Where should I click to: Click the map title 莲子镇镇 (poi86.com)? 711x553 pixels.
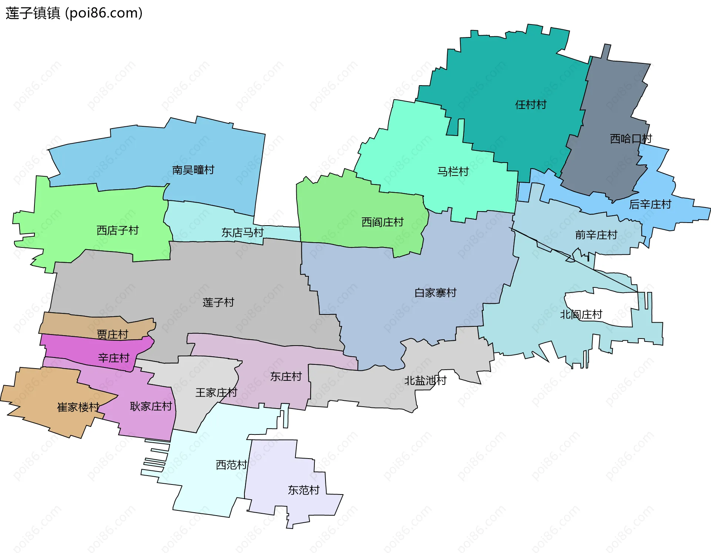(x=74, y=13)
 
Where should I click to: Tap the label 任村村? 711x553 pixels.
(x=531, y=105)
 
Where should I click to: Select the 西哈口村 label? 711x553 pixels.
(x=631, y=139)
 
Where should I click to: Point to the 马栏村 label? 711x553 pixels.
(x=453, y=171)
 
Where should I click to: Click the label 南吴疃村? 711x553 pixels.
(x=193, y=170)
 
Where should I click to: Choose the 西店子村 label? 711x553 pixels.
(x=117, y=230)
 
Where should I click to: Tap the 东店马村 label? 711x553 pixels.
(x=242, y=233)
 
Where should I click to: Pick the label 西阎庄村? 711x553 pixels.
(x=382, y=222)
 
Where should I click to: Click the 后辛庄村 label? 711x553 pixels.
(x=650, y=204)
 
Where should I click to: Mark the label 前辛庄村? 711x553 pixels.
(x=596, y=235)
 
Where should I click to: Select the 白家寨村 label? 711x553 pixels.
(x=435, y=293)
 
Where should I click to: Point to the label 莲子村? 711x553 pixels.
(x=218, y=303)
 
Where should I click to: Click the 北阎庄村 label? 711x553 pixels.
(x=581, y=315)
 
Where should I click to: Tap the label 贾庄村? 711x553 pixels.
(x=112, y=334)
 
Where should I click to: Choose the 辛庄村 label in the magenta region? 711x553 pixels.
(x=114, y=358)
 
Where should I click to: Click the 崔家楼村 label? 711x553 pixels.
(x=78, y=407)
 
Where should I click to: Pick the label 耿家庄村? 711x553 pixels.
(x=151, y=406)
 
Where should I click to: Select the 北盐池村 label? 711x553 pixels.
(x=425, y=380)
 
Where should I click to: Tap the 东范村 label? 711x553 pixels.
(x=304, y=490)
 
